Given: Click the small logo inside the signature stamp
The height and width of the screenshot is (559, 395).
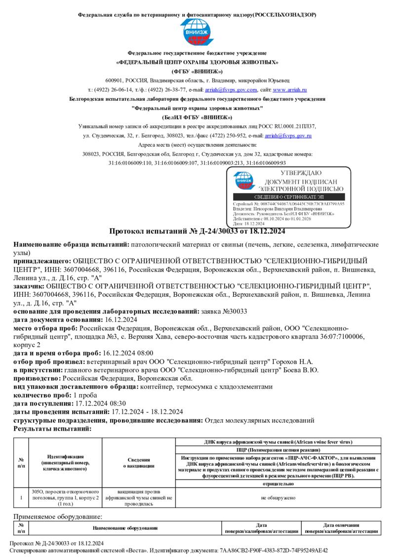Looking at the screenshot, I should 244,181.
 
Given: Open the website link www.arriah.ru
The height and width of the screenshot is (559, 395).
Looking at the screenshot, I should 290,90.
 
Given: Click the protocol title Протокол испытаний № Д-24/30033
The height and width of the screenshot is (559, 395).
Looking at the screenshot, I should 197,231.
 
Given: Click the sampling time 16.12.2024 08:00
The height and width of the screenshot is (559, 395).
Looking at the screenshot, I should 128,353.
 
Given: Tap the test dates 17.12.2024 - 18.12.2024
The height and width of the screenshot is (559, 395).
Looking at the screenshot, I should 148,412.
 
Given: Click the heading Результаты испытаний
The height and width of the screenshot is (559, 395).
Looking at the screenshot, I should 52,429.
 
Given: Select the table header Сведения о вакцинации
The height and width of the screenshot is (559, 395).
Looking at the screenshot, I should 139,463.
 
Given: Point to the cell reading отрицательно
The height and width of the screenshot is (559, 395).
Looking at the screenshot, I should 278,484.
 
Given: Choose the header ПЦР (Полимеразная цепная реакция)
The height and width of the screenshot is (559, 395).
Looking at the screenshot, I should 278,450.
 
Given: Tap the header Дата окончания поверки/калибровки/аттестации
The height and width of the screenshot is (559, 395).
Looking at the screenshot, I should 341,528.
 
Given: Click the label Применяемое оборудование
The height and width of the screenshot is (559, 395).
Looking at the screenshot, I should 58,517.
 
